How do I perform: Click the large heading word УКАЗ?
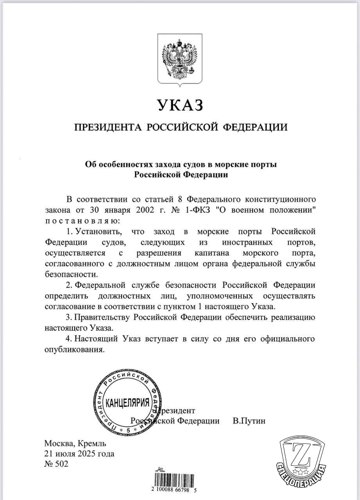click(180, 105)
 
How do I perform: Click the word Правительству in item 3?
click(102, 316)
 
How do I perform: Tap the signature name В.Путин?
click(249, 421)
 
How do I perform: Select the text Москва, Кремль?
click(75, 444)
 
